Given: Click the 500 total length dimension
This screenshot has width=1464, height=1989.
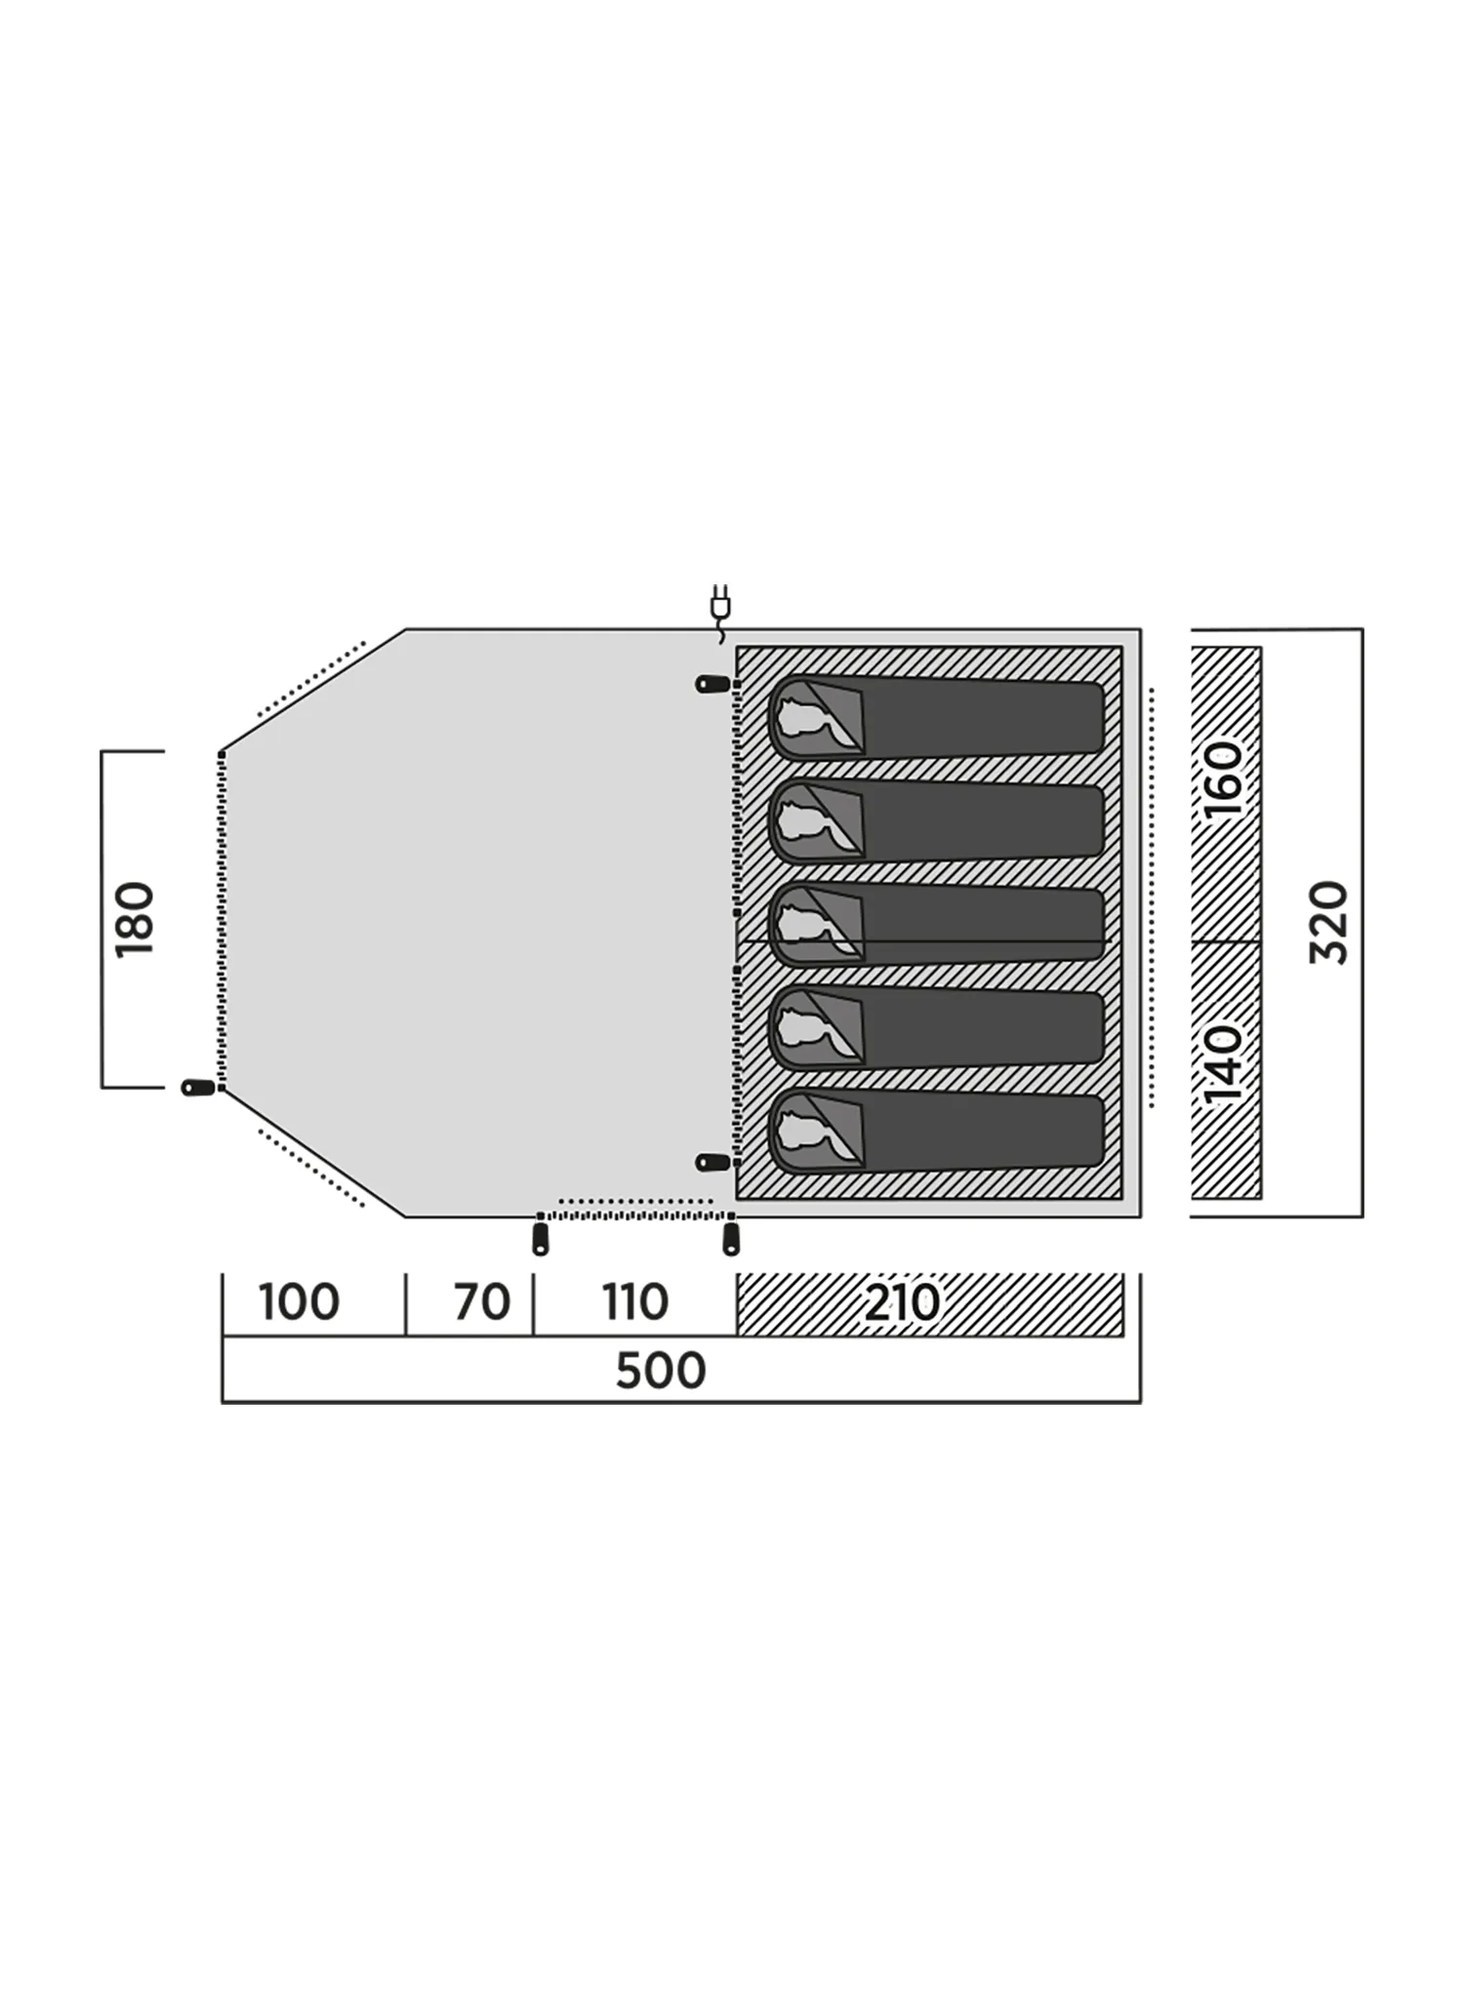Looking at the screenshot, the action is pos(661,1371).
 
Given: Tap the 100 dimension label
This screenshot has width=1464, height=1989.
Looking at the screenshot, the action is pos(299,1302).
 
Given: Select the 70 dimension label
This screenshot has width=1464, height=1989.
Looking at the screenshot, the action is pos(482,1302).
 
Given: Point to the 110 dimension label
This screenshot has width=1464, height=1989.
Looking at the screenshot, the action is pos(635,1302).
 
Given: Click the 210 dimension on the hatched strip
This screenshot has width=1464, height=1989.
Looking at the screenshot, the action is pos(902,1302).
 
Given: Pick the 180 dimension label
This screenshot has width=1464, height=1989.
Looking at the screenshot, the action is pos(135,920).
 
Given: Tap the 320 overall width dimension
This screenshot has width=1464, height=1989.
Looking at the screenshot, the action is pos(1328,923).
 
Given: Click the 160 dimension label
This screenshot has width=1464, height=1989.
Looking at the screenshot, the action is pos(1223,779).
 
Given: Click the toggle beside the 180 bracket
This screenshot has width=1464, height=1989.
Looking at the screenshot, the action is pos(198,1088).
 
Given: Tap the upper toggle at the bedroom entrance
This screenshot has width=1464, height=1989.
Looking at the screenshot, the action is pos(712,684).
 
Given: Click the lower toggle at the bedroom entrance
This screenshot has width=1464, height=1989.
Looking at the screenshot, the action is pos(712,1162).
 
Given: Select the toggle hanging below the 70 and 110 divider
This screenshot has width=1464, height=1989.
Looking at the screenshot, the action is pos(540,1239).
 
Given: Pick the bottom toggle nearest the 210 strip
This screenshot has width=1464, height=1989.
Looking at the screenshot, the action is pos(731,1239).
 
